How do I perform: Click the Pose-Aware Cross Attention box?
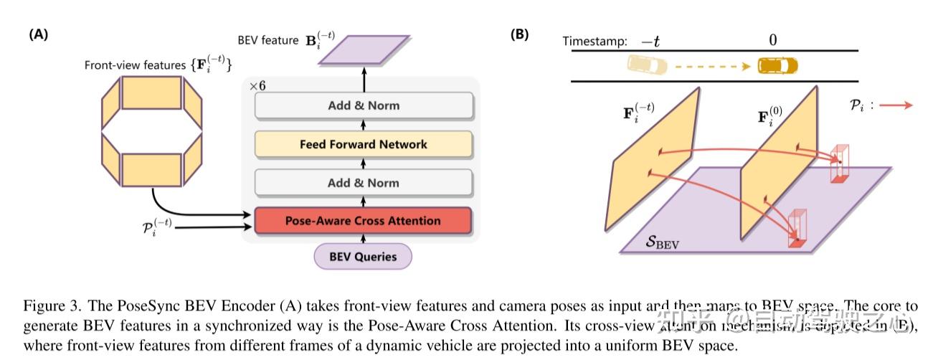click(363, 221)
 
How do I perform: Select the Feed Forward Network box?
click(363, 144)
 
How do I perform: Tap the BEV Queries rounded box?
click(363, 256)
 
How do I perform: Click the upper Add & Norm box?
click(363, 105)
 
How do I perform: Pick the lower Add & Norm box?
click(363, 182)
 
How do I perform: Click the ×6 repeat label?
click(257, 85)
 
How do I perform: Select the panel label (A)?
click(39, 34)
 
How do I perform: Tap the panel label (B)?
click(519, 34)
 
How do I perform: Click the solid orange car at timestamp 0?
click(778, 66)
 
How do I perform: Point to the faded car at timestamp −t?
click(647, 66)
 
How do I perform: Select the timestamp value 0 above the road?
click(772, 40)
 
